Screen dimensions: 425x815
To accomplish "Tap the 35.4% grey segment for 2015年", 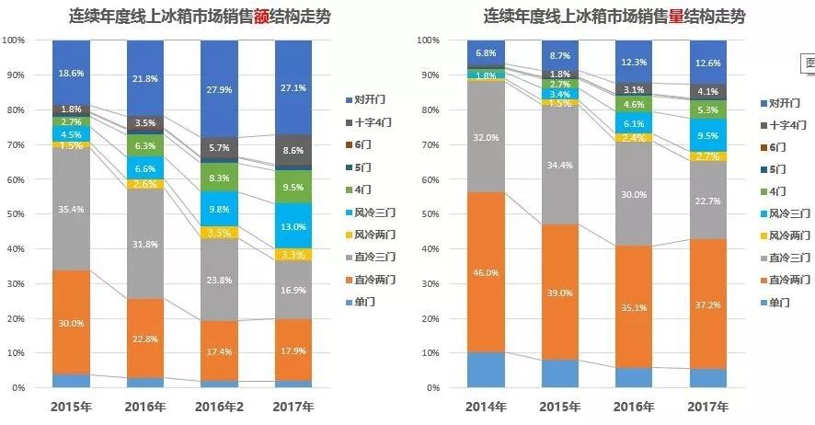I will (x=71, y=209).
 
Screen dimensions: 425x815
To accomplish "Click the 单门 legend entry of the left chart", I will (x=367, y=301).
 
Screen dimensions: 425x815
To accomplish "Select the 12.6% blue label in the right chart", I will (x=706, y=63).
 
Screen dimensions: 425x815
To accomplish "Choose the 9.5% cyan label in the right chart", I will (x=706, y=135).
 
